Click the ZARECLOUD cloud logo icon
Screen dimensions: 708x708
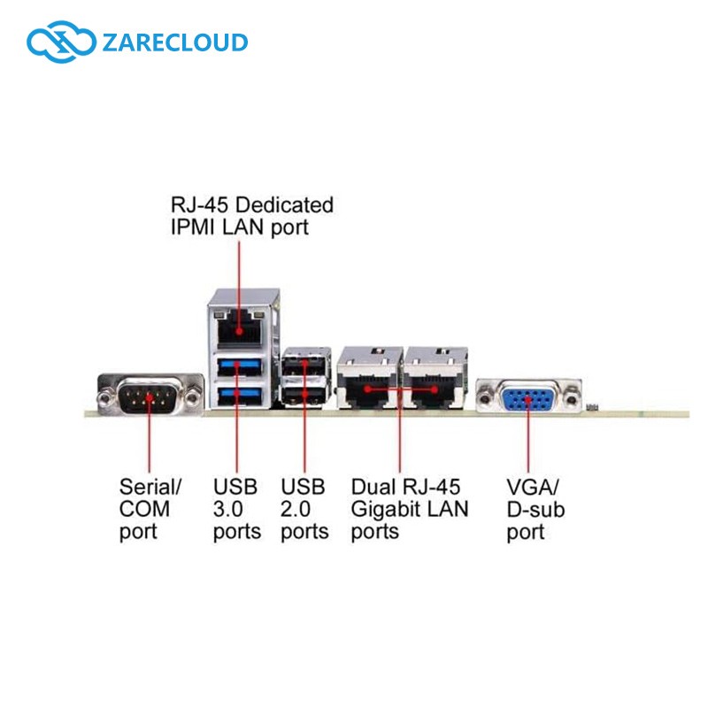tap(61, 42)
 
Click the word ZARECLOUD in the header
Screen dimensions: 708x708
tap(174, 42)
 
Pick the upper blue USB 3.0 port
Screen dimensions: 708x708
tap(239, 366)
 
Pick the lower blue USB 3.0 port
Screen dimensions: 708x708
tap(239, 395)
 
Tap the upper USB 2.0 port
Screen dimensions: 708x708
tap(304, 365)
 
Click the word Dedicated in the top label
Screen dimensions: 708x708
tap(284, 204)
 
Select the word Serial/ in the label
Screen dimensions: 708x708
tap(150, 488)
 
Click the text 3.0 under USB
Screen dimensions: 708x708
tap(228, 510)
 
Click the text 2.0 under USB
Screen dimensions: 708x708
tap(296, 510)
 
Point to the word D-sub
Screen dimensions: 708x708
tap(535, 510)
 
